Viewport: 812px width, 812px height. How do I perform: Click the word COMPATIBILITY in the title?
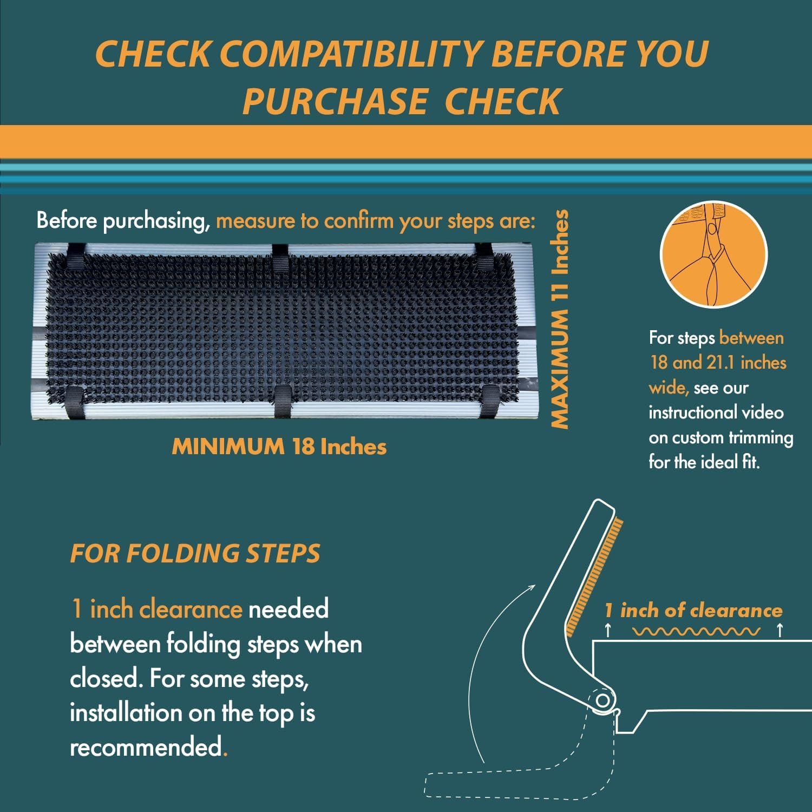point(350,54)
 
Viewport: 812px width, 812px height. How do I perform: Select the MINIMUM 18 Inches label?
point(279,447)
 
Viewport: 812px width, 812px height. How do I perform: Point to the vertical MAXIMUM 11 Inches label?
point(560,319)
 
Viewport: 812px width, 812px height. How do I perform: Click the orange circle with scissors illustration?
point(713,254)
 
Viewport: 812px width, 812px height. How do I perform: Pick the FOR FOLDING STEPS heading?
point(195,553)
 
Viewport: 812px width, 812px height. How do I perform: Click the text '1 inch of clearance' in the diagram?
point(693,610)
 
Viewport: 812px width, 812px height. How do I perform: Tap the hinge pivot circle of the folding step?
point(603,701)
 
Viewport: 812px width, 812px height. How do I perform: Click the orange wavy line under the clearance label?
point(696,631)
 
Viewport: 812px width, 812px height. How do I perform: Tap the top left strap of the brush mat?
point(76,257)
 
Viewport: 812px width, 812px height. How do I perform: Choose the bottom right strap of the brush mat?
point(490,402)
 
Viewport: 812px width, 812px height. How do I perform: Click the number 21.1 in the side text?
point(720,362)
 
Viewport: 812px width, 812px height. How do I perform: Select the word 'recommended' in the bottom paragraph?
point(146,747)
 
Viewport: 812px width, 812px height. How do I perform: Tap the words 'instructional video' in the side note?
point(716,412)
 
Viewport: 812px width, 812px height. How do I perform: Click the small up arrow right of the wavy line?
point(779,630)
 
